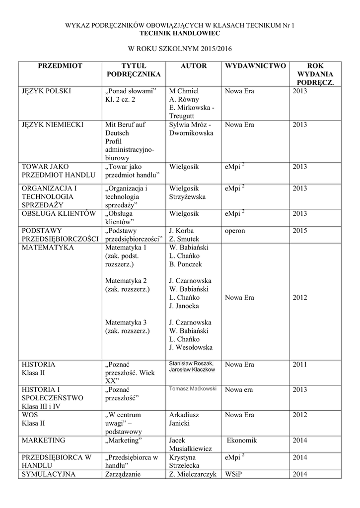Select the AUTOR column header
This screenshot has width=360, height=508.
(194, 66)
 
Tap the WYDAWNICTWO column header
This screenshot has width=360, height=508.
(255, 66)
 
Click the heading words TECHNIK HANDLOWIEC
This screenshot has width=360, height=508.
(180, 32)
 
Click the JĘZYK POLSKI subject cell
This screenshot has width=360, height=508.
(46, 91)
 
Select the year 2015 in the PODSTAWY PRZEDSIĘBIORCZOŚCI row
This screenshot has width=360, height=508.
(300, 231)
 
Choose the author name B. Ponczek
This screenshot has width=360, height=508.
(186, 264)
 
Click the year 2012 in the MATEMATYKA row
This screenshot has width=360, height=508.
(300, 298)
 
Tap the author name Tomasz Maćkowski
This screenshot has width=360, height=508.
(193, 389)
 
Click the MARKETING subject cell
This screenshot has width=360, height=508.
(44, 440)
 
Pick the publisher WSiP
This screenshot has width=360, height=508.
(233, 474)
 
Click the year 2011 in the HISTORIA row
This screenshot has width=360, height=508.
(300, 365)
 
